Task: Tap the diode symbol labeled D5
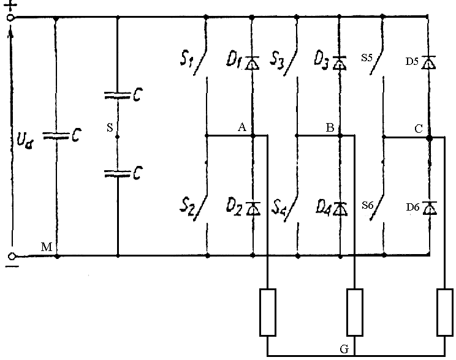(430, 62)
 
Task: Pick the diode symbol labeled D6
(430, 208)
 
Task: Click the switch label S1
(187, 61)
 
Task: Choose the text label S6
(367, 206)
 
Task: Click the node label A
(241, 127)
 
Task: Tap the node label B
(330, 128)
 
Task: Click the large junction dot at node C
(430, 138)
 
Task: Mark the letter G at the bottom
(344, 349)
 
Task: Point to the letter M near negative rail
(46, 247)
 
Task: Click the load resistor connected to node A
(268, 312)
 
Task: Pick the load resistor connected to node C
(444, 312)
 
